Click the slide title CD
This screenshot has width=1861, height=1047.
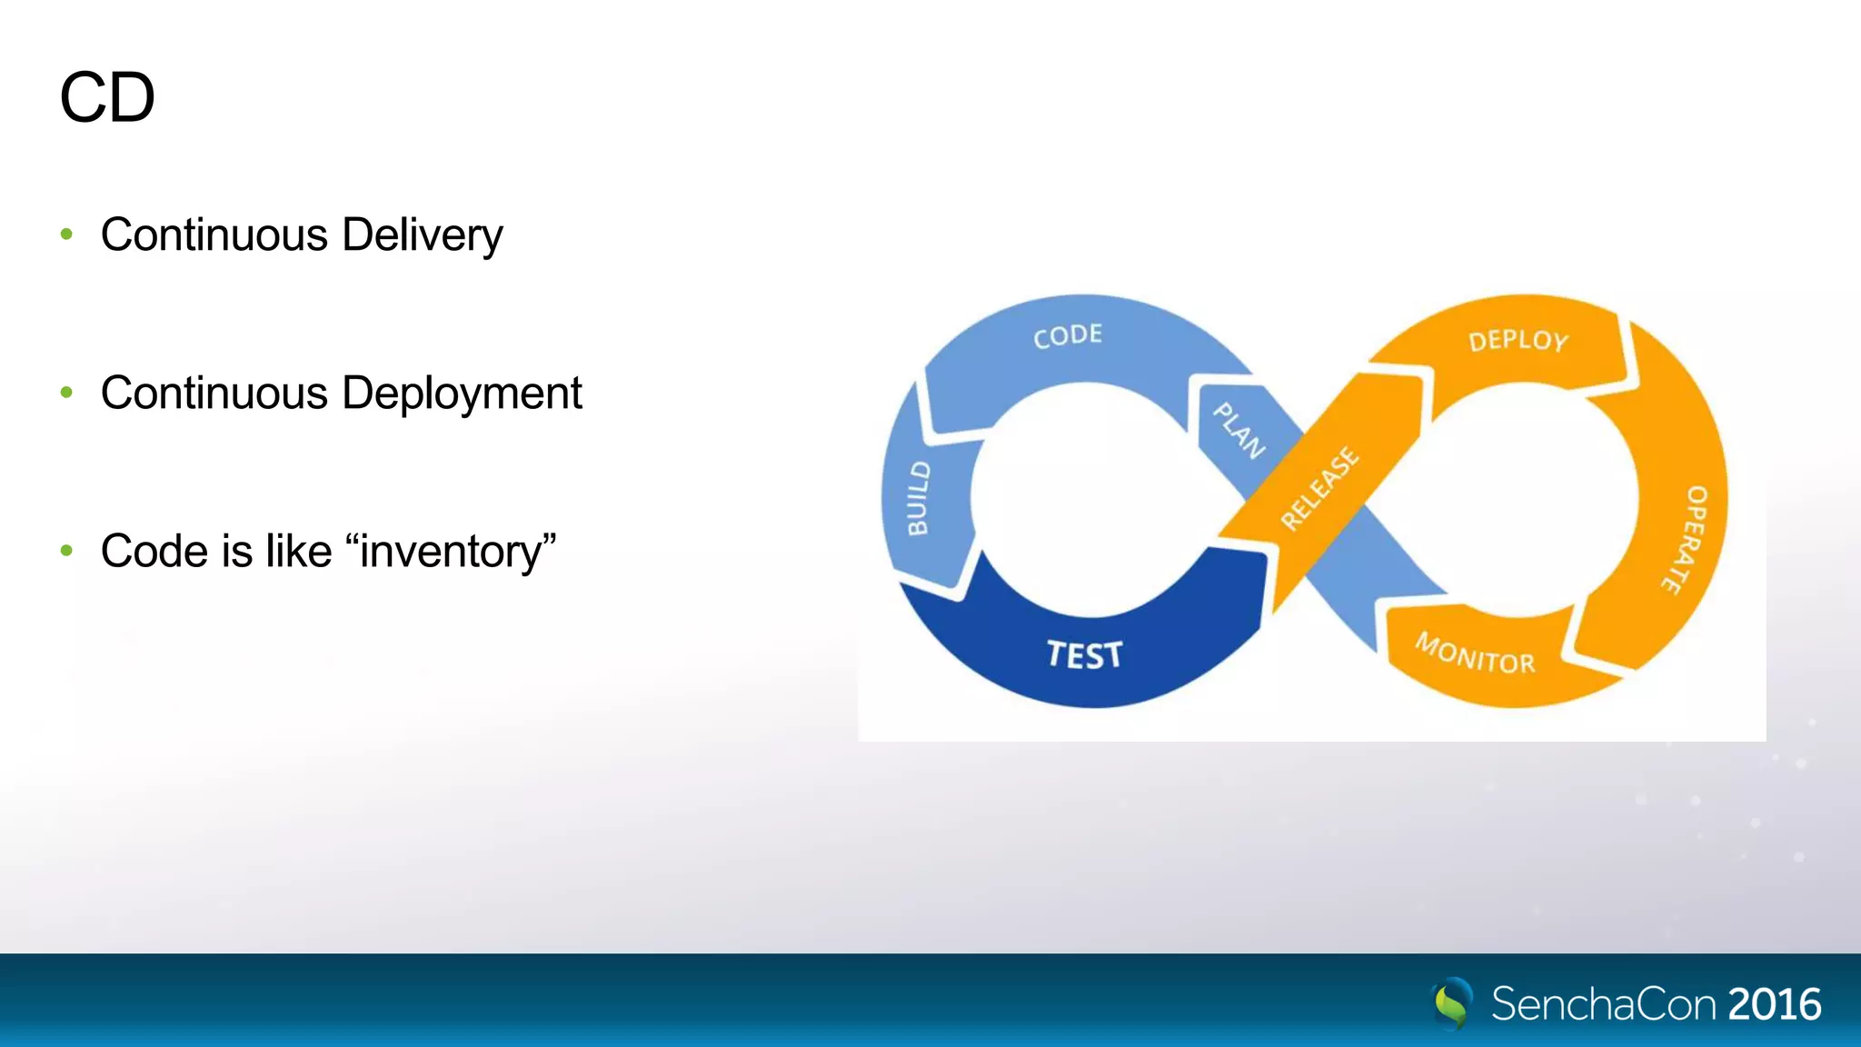[107, 98]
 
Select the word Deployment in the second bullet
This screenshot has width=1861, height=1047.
[462, 394]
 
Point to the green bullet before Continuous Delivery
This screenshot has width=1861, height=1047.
[66, 234]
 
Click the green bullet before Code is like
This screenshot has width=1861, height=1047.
[66, 551]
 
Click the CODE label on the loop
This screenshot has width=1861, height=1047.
[1068, 335]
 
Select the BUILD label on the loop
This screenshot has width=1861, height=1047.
[919, 498]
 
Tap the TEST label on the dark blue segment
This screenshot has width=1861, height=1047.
[1084, 655]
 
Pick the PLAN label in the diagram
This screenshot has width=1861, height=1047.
[1239, 431]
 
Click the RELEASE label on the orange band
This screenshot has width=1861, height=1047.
[1319, 488]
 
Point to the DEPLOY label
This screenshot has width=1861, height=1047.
[1518, 341]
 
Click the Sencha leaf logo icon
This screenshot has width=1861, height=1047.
[1451, 1003]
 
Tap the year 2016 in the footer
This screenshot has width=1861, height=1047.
[1774, 1004]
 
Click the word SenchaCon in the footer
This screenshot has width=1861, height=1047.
[1604, 1004]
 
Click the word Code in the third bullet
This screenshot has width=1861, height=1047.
[154, 552]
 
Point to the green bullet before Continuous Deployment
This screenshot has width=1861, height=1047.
[66, 393]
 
